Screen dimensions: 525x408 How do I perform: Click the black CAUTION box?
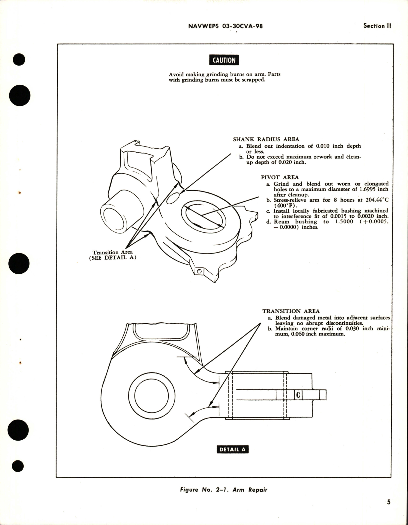click(x=224, y=60)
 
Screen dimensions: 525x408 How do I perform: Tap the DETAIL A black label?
click(x=232, y=449)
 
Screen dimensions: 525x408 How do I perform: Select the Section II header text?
click(x=377, y=26)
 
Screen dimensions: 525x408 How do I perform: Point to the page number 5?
click(x=389, y=502)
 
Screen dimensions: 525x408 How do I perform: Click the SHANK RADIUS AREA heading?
click(x=266, y=139)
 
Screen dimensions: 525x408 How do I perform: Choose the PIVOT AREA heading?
click(x=280, y=177)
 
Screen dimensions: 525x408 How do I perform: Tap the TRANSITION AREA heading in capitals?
click(x=291, y=311)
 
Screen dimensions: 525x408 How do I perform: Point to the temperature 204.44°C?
click(x=374, y=200)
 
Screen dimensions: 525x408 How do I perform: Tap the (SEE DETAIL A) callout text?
click(x=112, y=258)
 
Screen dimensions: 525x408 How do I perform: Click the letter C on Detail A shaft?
click(x=298, y=395)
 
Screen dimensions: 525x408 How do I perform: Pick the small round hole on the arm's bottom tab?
click(x=199, y=271)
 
